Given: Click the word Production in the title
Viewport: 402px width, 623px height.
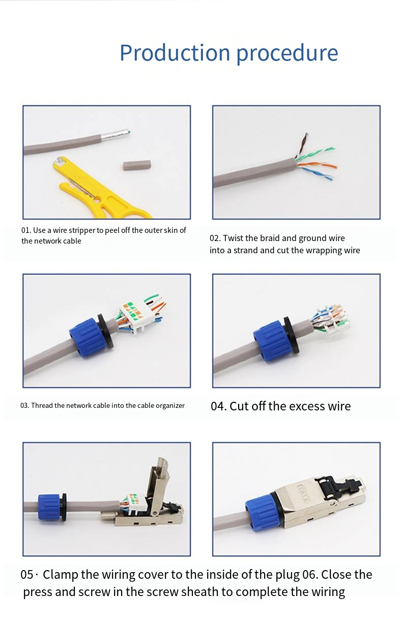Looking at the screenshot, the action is [x=175, y=52].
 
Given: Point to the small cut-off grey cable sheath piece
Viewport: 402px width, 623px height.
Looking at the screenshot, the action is [x=136, y=165].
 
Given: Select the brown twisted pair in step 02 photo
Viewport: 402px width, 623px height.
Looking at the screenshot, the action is [x=302, y=144].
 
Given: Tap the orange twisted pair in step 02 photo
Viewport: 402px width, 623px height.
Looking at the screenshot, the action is [x=317, y=165].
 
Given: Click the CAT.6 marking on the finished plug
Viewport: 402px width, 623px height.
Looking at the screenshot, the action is [x=305, y=489].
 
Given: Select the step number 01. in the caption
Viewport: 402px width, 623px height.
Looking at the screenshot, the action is [x=26, y=230].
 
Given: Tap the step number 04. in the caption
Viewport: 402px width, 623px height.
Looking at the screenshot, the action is [x=219, y=406].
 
